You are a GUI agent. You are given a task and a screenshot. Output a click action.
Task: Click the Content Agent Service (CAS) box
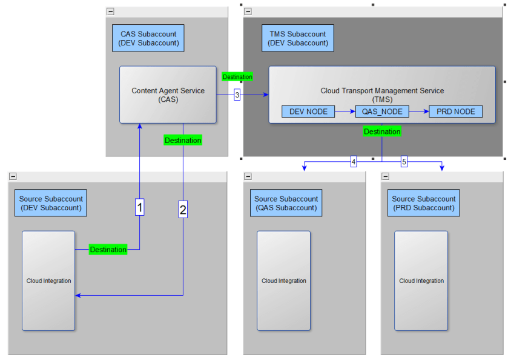[168, 95]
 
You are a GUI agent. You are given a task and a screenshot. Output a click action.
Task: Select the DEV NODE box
[308, 112]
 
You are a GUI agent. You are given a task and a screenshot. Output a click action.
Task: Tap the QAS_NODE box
[382, 112]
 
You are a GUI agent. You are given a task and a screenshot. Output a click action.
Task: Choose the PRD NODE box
[456, 112]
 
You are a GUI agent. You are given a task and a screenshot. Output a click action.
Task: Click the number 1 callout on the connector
[140, 208]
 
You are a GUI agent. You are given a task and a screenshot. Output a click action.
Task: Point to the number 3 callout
[237, 95]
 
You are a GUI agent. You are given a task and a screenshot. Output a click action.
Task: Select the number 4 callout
[354, 162]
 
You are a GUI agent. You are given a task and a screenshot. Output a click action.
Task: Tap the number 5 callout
[404, 162]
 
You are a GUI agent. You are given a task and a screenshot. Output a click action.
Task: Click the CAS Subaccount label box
[148, 38]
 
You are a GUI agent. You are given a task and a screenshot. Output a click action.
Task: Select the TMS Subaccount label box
[297, 38]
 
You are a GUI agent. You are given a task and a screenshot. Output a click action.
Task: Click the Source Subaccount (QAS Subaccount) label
[286, 203]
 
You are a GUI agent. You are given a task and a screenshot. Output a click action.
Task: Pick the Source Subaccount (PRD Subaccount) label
[423, 203]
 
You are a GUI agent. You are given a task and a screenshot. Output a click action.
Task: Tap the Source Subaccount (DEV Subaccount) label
[51, 203]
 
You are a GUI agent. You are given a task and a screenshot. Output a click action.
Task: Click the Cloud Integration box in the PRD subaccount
[421, 281]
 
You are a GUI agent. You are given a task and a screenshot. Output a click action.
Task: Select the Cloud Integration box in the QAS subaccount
[283, 281]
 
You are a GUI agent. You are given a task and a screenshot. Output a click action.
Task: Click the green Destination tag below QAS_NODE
[382, 132]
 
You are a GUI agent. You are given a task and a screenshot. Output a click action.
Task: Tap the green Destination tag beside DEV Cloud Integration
[108, 250]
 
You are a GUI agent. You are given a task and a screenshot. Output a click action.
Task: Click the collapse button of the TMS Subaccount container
[248, 12]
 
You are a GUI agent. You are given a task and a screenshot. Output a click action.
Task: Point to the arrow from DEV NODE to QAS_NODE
[345, 112]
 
